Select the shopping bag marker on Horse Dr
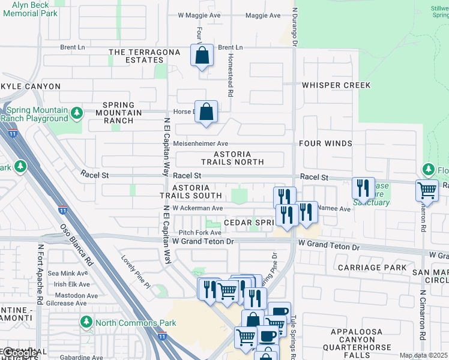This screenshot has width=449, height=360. [206, 112]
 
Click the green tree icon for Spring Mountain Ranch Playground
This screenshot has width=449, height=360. [76, 113]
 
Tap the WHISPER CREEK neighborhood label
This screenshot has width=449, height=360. [336, 85]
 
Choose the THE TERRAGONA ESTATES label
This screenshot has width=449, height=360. [145, 56]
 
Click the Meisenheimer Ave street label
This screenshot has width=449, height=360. [200, 144]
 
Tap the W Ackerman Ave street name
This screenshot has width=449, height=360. [197, 208]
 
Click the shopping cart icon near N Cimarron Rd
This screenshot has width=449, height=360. [427, 190]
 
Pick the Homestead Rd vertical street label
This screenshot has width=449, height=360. [230, 74]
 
